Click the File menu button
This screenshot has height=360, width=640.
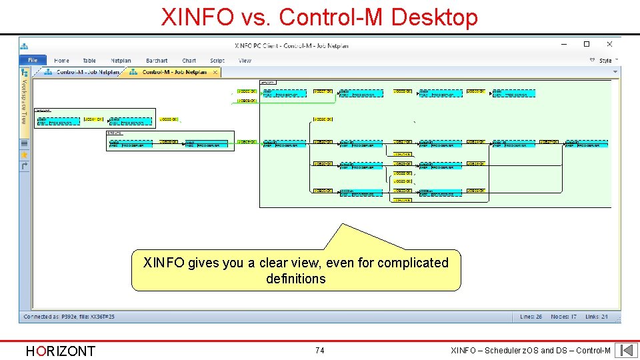pos(33,61)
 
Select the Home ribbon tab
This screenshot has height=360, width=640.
pos(61,61)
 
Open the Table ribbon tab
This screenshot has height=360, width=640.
pos(89,61)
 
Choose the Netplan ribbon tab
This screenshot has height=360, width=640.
pos(121,61)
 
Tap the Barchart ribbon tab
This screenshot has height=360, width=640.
pos(157,61)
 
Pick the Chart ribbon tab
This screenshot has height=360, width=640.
pos(189,61)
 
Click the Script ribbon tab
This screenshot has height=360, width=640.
pos(217,61)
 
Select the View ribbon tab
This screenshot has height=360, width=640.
pos(245,61)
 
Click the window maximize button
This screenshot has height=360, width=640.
pos(587,45)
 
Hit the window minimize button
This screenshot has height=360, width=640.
pos(565,45)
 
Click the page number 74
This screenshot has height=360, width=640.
pos(320,350)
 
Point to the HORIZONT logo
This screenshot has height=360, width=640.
pos(60,351)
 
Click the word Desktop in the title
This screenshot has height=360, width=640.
pos(435,17)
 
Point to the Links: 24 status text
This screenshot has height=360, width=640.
pos(597,316)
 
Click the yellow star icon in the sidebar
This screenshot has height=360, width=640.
pos(25,154)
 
